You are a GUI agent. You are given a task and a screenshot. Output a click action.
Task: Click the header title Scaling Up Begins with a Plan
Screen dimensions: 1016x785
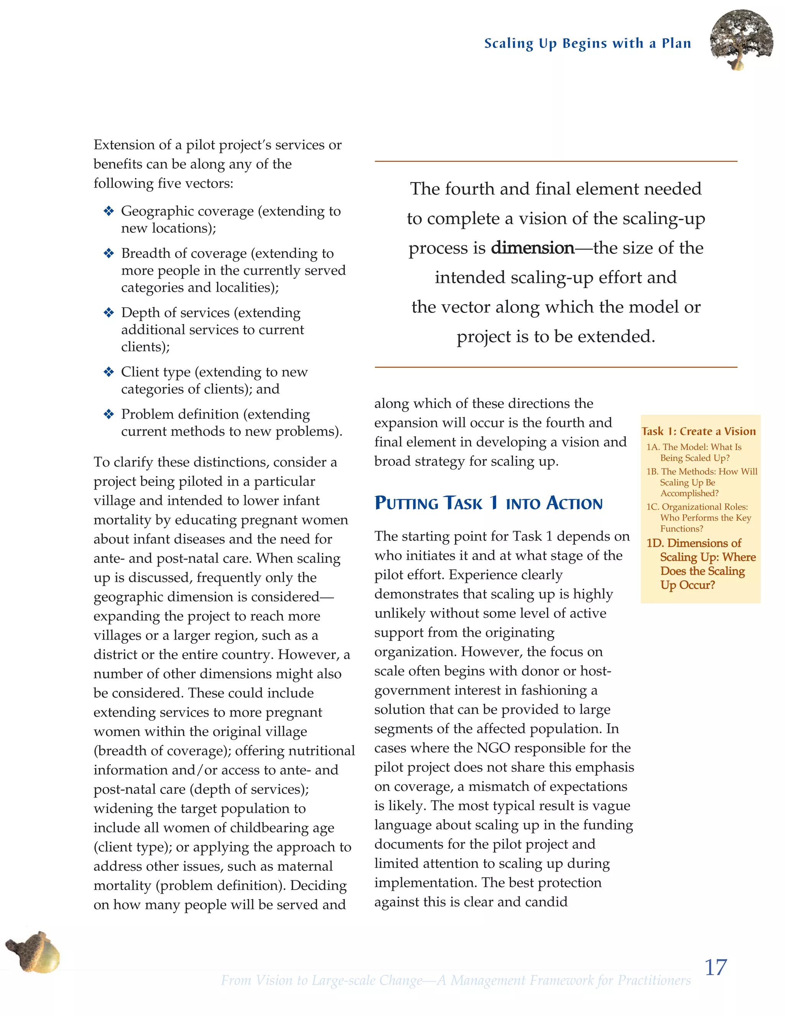(x=587, y=43)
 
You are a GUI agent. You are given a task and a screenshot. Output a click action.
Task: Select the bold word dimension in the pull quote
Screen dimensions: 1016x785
(x=532, y=248)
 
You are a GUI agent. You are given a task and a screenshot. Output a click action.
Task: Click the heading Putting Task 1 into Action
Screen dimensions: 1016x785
(x=488, y=503)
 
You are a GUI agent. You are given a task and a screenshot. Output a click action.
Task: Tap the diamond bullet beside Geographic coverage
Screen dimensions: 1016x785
(x=109, y=211)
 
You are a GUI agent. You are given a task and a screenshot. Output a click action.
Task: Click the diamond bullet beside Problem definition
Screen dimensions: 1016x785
(x=109, y=414)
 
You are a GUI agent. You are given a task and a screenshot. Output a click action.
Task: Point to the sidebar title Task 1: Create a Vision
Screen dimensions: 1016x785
(x=698, y=431)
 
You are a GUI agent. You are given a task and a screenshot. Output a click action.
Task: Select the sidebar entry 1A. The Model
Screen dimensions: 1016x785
(x=694, y=452)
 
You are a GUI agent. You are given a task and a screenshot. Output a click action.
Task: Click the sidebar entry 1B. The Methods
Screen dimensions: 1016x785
(x=701, y=482)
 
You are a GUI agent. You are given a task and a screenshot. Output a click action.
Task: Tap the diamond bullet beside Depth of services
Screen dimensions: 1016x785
(x=109, y=312)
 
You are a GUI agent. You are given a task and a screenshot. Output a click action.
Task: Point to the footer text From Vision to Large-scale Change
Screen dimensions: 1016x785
(x=456, y=980)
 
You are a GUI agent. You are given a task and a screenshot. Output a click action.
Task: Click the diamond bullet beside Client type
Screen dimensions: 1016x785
(x=109, y=372)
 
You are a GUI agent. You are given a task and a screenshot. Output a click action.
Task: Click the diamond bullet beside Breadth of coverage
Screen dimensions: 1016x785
(x=109, y=253)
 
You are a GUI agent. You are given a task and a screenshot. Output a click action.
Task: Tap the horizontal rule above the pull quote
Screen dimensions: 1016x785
(x=556, y=161)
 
